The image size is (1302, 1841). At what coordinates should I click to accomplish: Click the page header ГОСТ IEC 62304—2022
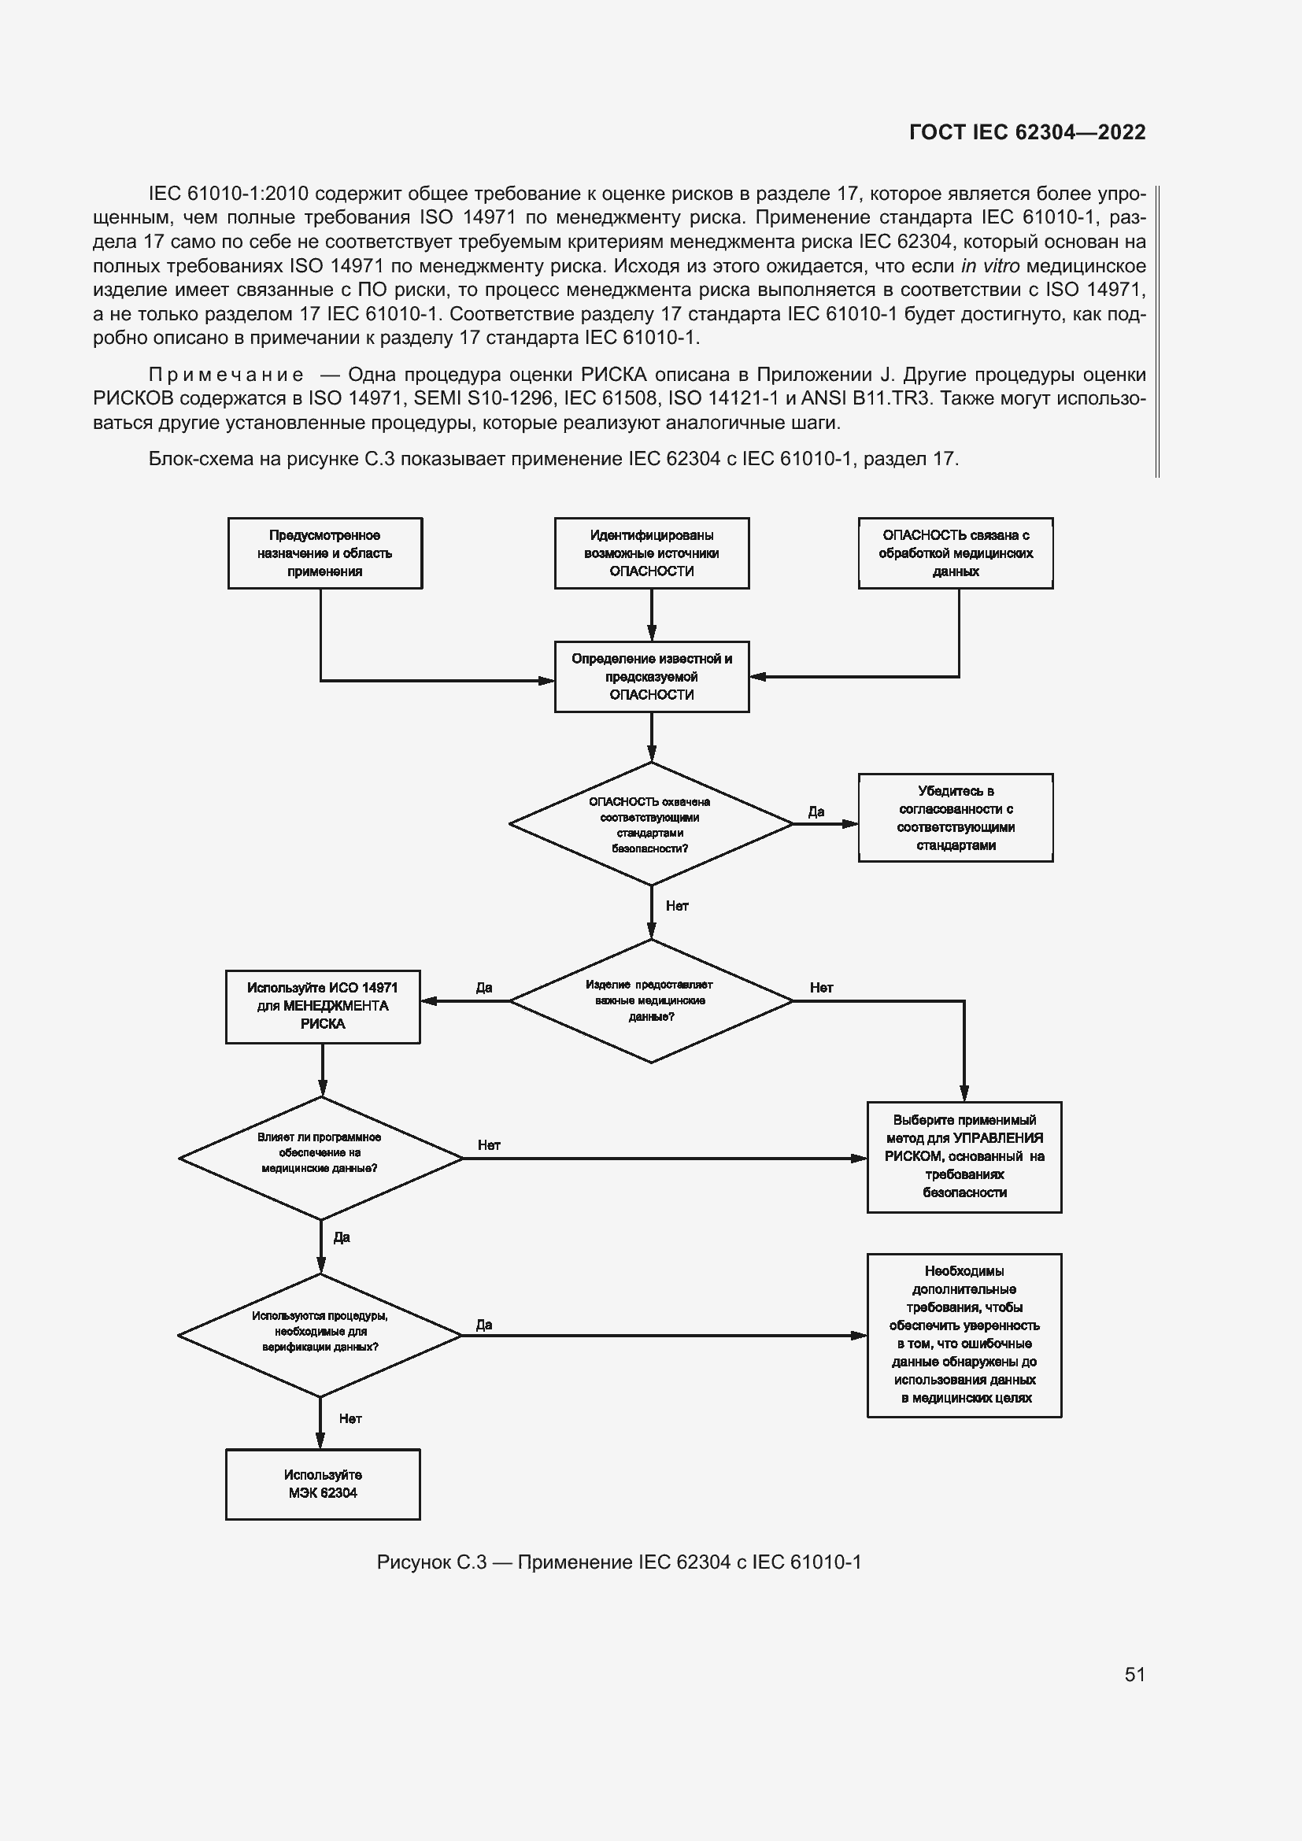pos(1027,132)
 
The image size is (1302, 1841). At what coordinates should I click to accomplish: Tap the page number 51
pos(1134,1673)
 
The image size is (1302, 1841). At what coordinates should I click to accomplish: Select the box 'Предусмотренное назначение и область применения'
pos(324,553)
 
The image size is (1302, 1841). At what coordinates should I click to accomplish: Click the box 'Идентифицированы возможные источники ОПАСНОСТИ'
pos(651,553)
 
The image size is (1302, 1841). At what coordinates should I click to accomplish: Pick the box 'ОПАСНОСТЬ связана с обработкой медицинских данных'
pos(955,553)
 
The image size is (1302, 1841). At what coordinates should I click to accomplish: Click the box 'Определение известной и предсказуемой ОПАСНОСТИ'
pos(651,677)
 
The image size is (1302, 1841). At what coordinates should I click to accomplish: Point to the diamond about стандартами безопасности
pos(650,824)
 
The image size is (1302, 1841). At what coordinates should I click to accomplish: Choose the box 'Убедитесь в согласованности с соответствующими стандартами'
pos(955,818)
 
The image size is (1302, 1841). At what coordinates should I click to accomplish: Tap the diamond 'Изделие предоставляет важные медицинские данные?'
pos(650,1000)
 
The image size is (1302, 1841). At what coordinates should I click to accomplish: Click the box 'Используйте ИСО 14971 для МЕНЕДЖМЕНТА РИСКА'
pos(322,1007)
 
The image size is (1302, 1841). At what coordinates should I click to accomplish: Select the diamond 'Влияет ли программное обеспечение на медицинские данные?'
pos(320,1158)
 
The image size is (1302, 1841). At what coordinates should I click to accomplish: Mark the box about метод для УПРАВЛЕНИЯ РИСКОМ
pos(964,1156)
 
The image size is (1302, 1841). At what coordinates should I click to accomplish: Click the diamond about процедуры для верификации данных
pos(320,1335)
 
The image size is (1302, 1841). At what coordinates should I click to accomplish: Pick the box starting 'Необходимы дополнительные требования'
pos(964,1335)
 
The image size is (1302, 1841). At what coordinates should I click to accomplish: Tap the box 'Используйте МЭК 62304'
pos(322,1484)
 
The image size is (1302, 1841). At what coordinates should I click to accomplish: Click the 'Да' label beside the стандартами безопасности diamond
pos(816,811)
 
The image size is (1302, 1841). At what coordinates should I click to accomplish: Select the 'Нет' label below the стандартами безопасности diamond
pos(677,906)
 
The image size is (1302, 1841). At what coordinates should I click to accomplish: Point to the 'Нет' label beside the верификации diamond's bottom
pos(350,1418)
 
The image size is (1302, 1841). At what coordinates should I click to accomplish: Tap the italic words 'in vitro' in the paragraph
pos(990,265)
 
